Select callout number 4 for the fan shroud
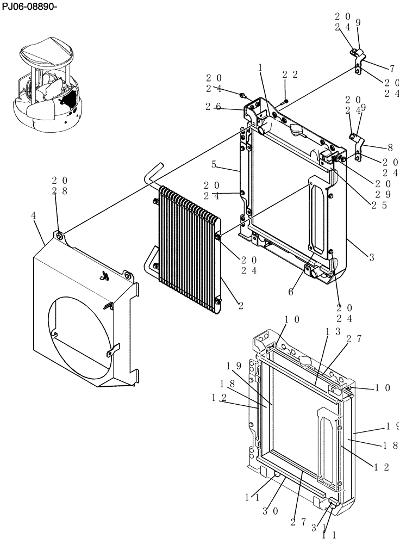[x=34, y=216]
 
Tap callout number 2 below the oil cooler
[x=239, y=306]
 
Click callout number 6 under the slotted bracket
[x=291, y=292]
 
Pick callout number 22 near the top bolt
[x=290, y=75]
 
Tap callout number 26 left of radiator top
[x=212, y=107]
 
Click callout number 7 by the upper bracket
[x=392, y=69]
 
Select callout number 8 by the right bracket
[x=390, y=147]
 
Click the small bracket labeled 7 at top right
[x=357, y=59]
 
